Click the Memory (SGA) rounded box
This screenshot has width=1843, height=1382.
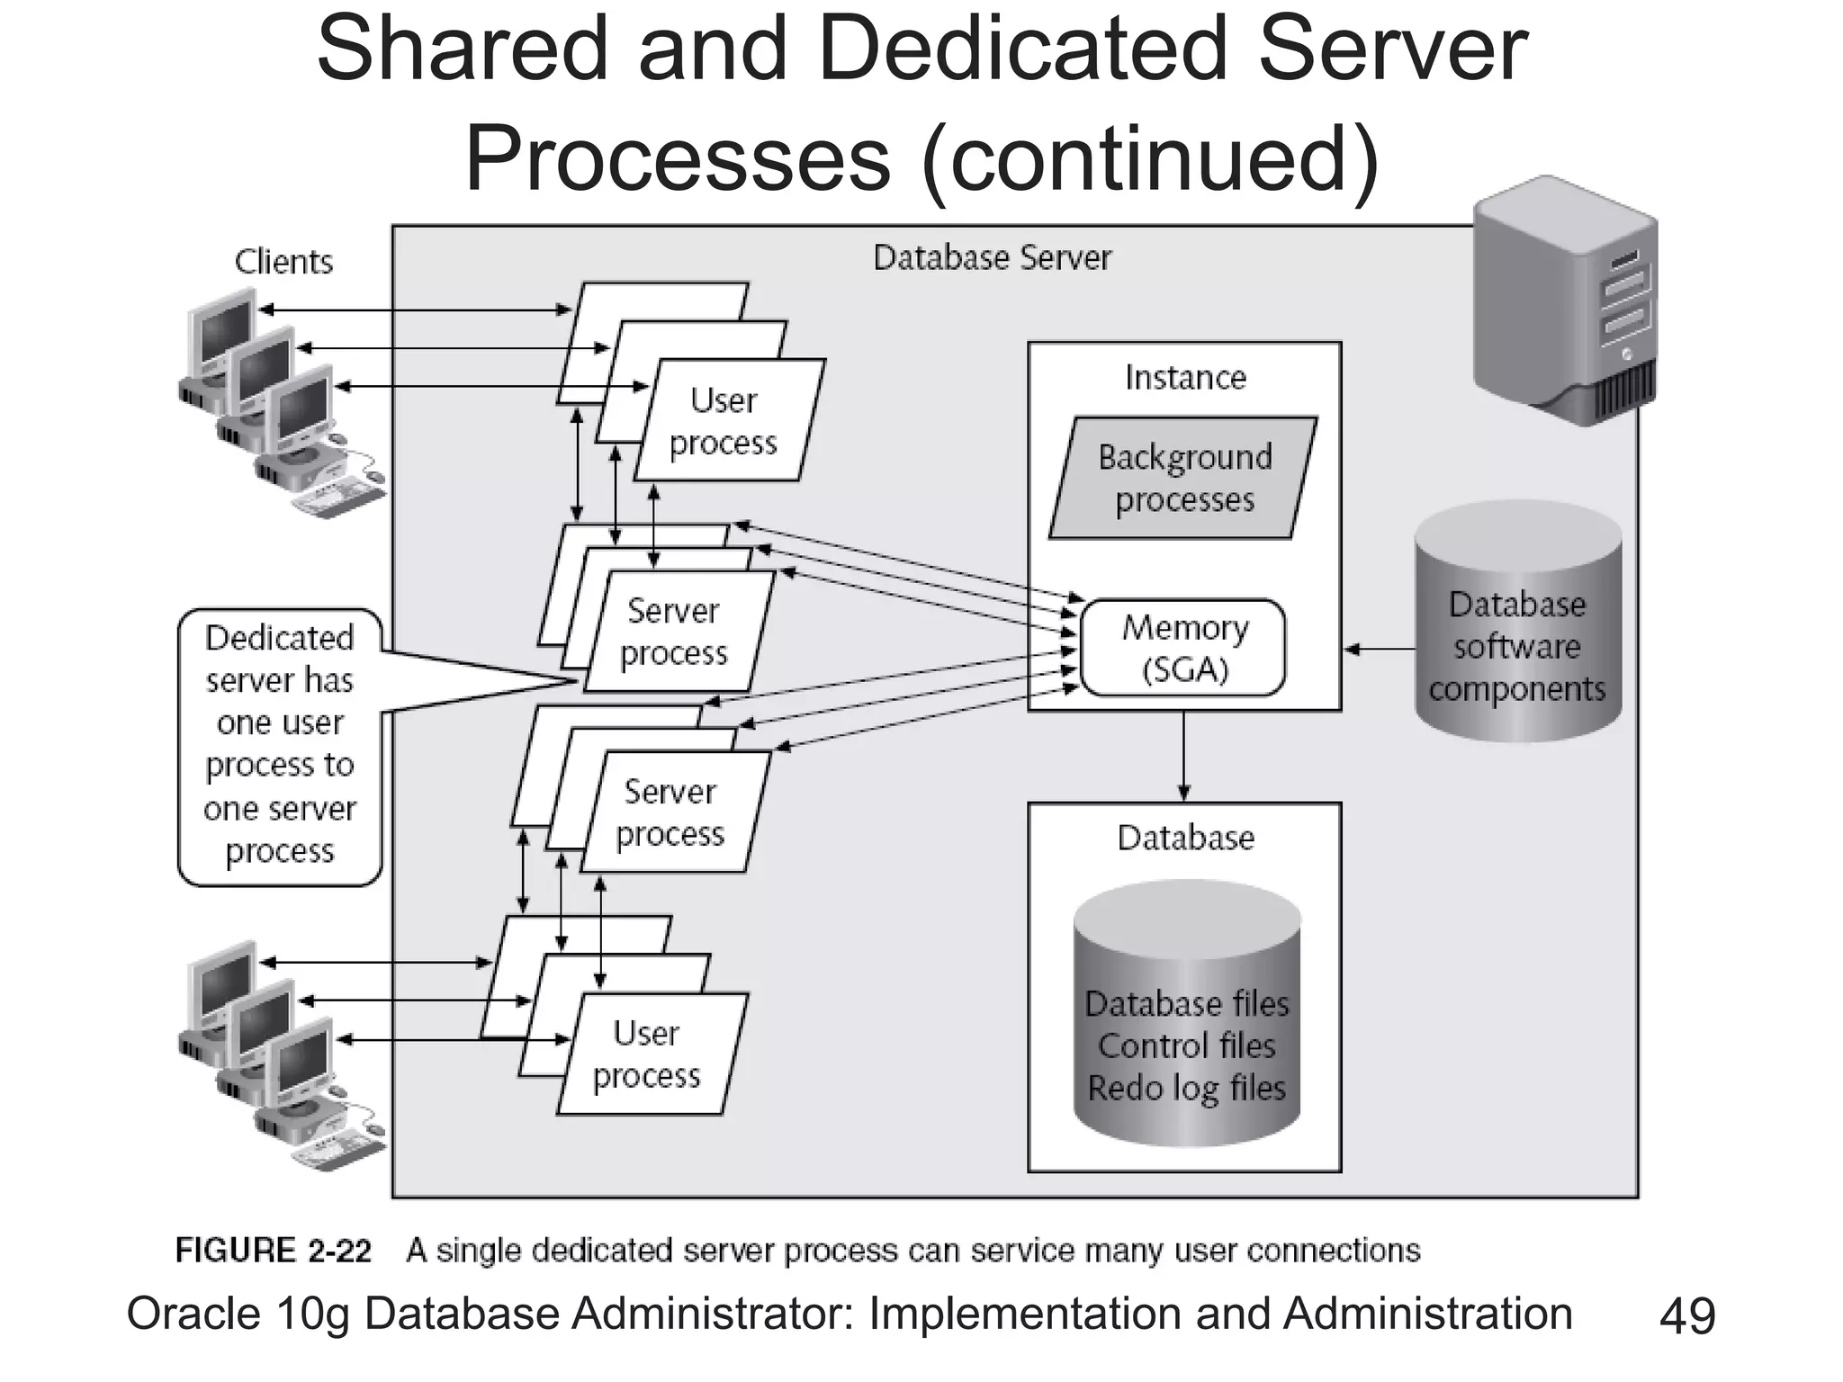tap(1183, 648)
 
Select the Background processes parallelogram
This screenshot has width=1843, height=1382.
tap(1183, 478)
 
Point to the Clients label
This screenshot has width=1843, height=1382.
tap(283, 262)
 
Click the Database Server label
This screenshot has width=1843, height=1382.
tap(992, 258)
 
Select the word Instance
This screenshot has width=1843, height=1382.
tap(1185, 377)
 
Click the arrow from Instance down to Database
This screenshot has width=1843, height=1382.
tap(1183, 756)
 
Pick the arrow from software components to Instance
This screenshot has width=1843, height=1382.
tap(1379, 649)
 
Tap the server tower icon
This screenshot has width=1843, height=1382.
tap(1566, 301)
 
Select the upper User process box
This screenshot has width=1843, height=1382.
tap(730, 421)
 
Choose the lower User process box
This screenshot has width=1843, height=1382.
tap(652, 1054)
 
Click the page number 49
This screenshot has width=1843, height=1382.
tap(1687, 1316)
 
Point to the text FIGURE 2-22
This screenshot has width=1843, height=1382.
tap(273, 1251)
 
